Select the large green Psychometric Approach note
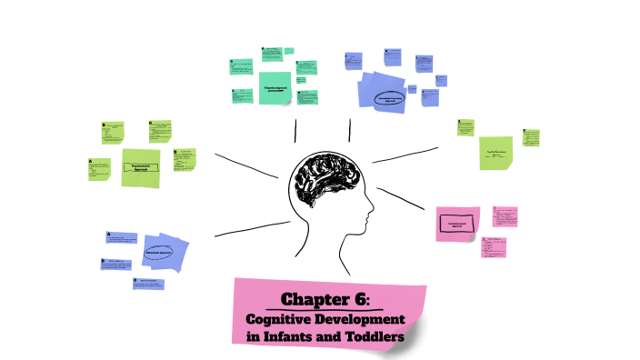coord(141,167)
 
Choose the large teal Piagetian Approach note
coord(274,88)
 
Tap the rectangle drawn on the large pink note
coord(456,224)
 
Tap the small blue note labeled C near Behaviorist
coord(149,284)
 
